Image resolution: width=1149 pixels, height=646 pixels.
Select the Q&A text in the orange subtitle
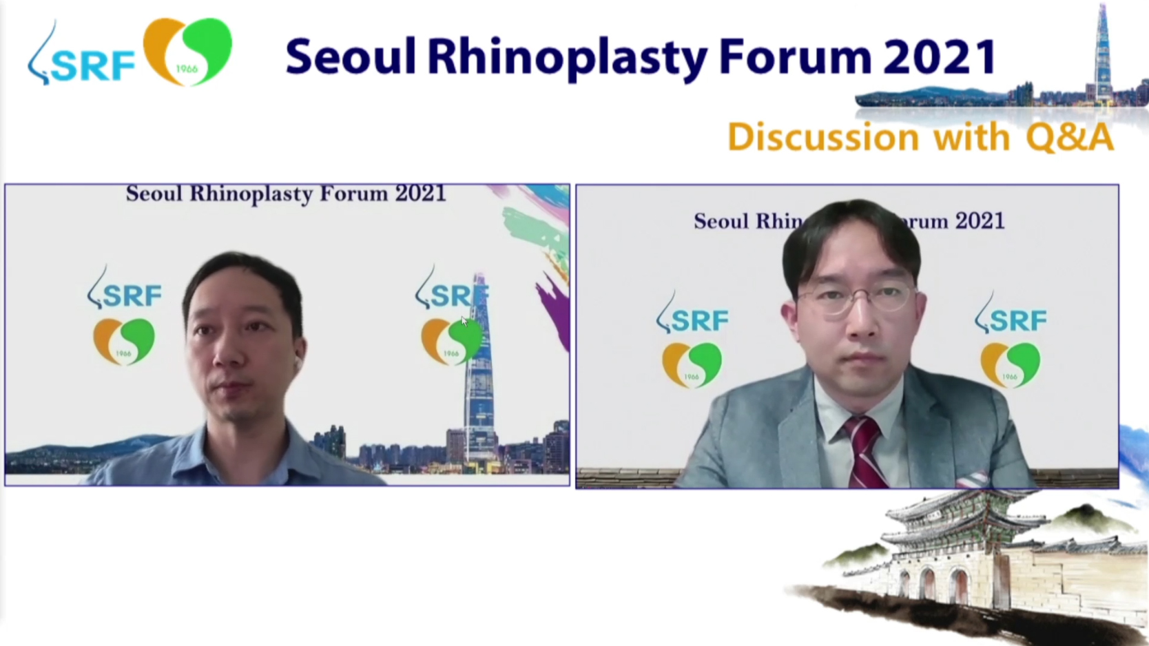(1070, 137)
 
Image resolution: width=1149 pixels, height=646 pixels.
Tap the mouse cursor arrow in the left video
(464, 322)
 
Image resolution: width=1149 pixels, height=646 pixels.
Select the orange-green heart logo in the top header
(187, 51)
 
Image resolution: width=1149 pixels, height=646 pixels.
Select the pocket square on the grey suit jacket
(971, 480)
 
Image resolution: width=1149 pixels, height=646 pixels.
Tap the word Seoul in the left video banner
(154, 194)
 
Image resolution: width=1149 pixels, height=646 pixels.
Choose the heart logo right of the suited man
(1011, 364)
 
